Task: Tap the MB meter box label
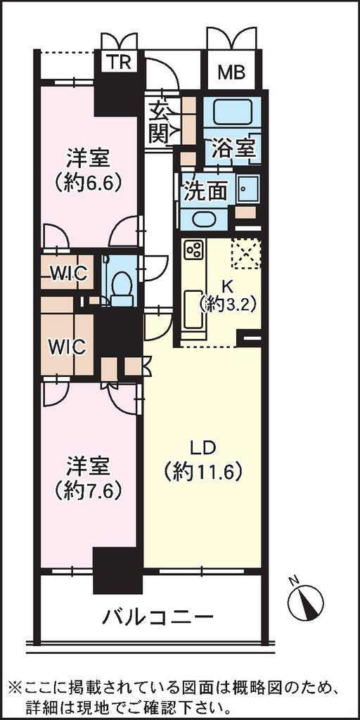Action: [231, 72]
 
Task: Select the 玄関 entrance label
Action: [159, 122]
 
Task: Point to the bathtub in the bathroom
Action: [232, 112]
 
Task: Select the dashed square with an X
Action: [246, 253]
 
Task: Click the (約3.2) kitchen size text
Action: [227, 304]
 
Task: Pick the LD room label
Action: [203, 447]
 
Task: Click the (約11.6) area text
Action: [203, 471]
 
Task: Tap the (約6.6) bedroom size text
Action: [88, 184]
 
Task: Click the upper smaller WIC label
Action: [70, 274]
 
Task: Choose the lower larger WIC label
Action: [67, 347]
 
